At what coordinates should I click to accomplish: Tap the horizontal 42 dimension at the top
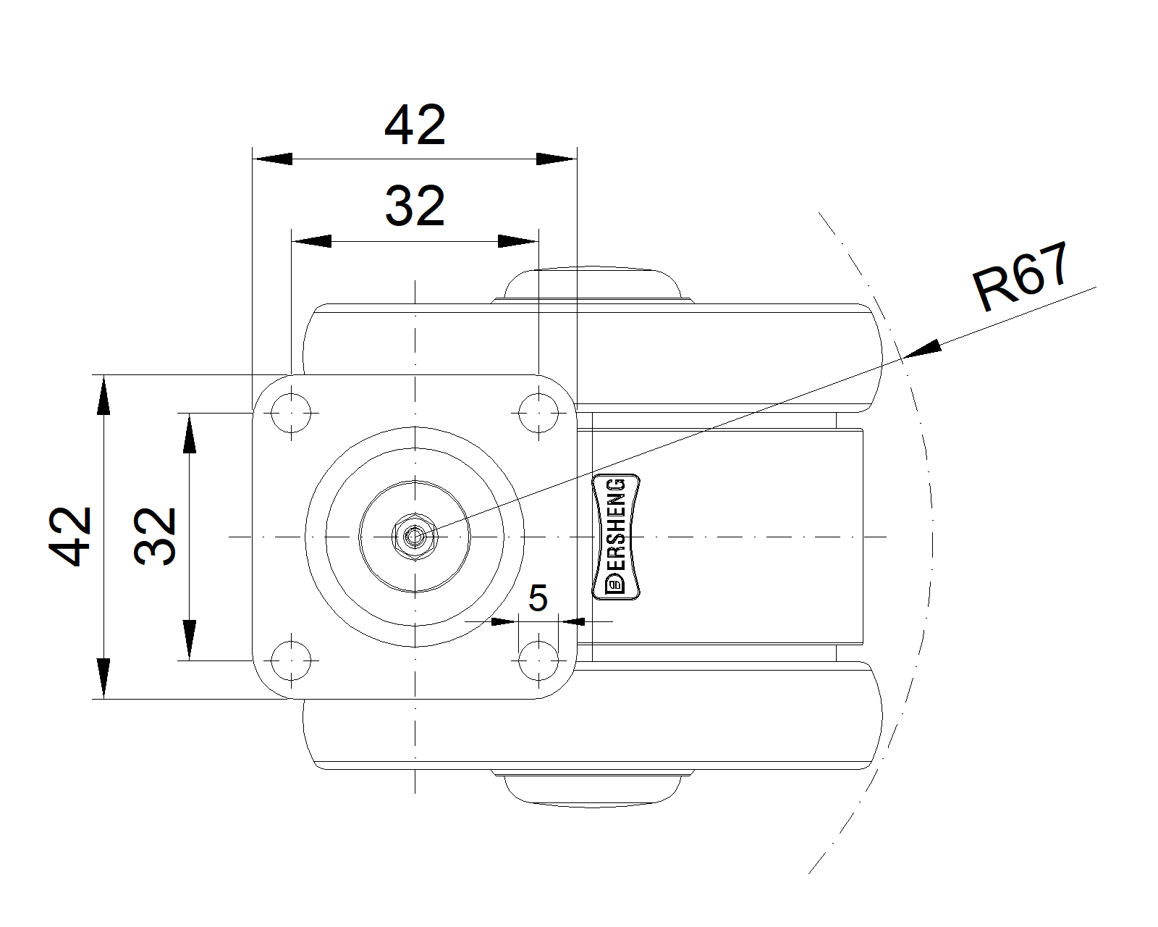point(415,125)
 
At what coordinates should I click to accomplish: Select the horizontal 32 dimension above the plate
point(415,206)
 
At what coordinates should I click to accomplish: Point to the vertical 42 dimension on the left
point(70,537)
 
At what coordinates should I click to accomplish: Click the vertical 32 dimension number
point(155,537)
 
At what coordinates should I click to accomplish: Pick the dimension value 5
point(538,597)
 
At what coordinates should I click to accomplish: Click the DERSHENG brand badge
point(616,537)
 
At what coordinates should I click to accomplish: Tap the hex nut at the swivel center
point(415,537)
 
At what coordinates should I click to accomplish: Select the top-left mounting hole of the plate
point(291,413)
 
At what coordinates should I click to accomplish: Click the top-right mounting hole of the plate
point(538,413)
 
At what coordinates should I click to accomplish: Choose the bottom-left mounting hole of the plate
point(291,660)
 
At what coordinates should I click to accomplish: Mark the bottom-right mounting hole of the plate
point(538,660)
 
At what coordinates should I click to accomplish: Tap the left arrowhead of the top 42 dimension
point(272,159)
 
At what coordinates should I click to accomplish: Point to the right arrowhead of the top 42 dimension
point(557,159)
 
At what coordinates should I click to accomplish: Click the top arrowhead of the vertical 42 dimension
point(103,395)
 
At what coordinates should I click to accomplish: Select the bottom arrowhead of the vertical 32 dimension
point(190,640)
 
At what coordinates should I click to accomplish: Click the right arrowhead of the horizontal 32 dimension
point(518,240)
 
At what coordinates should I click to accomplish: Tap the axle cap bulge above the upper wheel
point(592,285)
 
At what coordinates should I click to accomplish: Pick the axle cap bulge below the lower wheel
point(592,789)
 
